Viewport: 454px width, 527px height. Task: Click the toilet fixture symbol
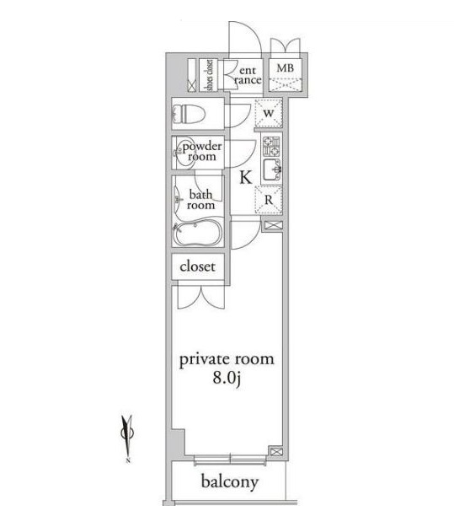click(189, 114)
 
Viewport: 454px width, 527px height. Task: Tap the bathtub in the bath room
click(197, 232)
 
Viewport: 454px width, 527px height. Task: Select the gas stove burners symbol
click(271, 146)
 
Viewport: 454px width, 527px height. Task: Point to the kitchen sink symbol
click(271, 170)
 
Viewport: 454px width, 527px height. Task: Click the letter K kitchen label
click(245, 177)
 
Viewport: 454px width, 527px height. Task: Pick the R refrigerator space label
click(269, 200)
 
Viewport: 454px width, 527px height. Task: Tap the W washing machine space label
click(269, 113)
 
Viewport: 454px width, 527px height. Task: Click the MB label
click(285, 68)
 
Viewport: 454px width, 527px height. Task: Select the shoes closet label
click(209, 75)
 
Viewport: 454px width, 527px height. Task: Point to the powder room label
click(202, 151)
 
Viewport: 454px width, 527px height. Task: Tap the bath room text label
click(200, 200)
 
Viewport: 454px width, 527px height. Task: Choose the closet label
click(197, 266)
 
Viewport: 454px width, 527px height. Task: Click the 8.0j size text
click(227, 379)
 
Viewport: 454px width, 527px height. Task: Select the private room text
click(227, 360)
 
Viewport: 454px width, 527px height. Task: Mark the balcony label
click(230, 482)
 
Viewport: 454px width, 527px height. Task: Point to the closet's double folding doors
click(200, 297)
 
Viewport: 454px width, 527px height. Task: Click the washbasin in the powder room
click(184, 153)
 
